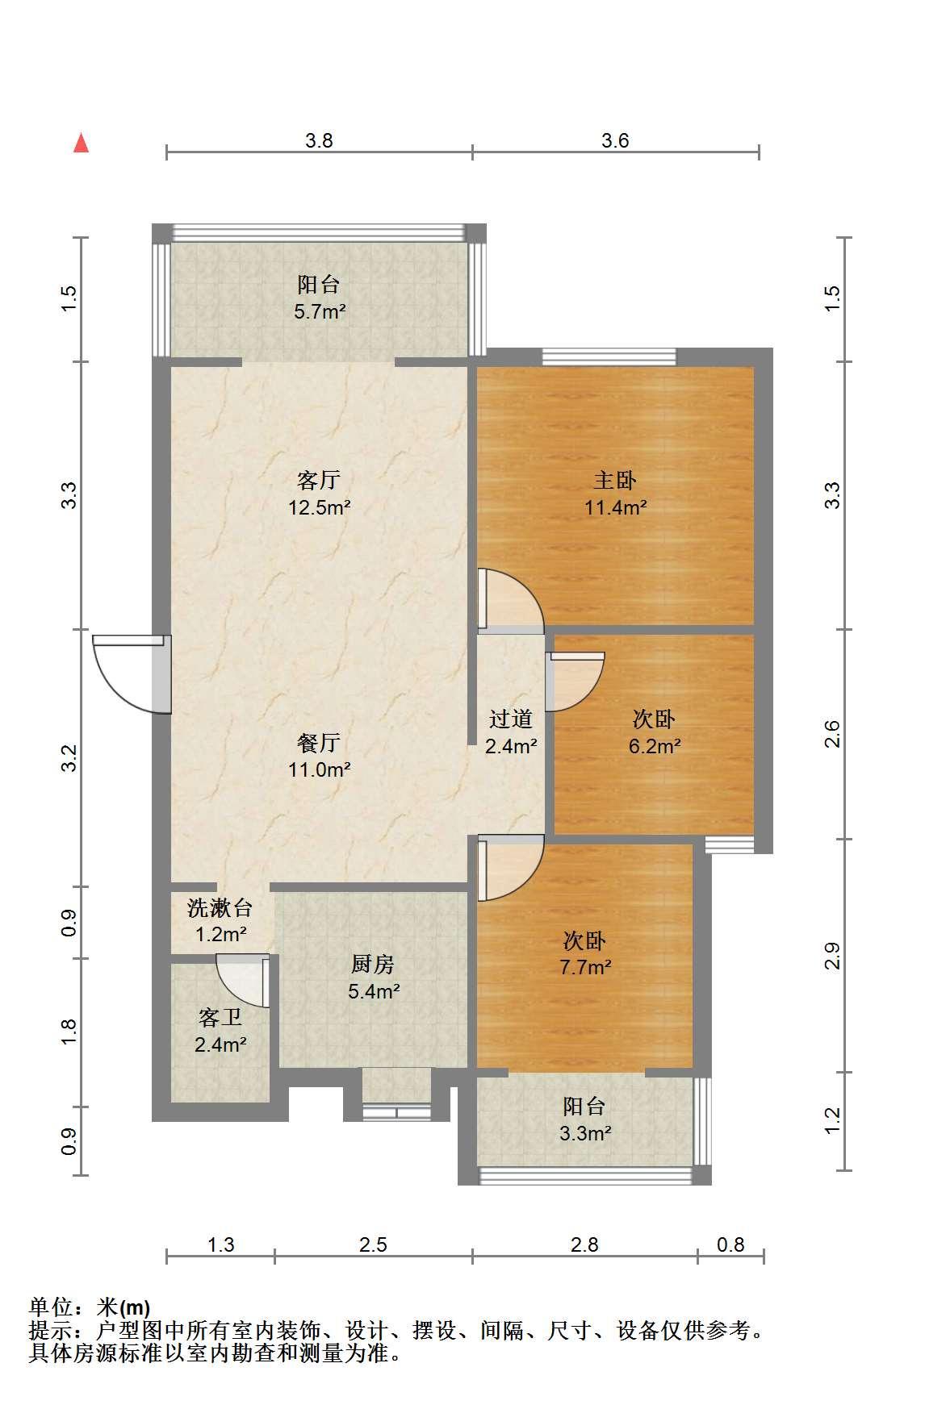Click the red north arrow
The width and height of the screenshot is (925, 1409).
click(81, 143)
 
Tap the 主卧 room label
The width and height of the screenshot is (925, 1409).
click(615, 481)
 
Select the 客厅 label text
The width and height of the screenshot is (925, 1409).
click(319, 481)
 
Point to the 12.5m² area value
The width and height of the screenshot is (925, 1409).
click(320, 507)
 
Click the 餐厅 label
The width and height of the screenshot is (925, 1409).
click(319, 742)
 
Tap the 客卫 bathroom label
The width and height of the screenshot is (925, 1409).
click(220, 1018)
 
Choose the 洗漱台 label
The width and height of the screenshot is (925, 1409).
click(220, 908)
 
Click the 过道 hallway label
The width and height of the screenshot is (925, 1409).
click(511, 719)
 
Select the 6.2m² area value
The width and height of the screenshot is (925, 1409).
click(655, 746)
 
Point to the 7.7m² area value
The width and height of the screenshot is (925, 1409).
click(585, 967)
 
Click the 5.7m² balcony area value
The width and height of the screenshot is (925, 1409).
click(320, 311)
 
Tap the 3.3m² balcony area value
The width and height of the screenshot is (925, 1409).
click(585, 1132)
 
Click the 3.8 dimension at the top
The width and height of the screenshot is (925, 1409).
click(319, 140)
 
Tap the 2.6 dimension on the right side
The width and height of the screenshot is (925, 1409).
click(833, 734)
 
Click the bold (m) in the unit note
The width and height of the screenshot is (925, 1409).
click(135, 1307)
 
